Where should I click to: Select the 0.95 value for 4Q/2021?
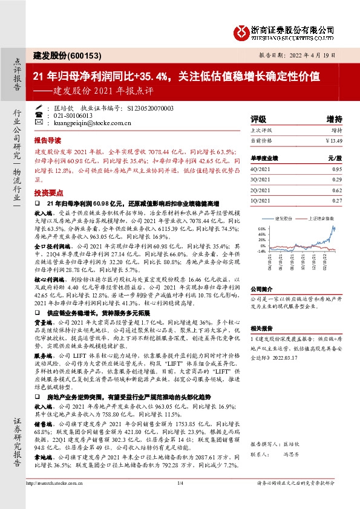(x=337, y=170)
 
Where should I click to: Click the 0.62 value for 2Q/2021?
(x=337, y=190)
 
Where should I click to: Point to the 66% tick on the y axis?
(x=261, y=230)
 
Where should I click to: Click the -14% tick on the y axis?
(x=261, y=250)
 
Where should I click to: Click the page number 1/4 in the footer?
(x=180, y=499)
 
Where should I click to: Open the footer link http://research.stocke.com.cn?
(x=60, y=499)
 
